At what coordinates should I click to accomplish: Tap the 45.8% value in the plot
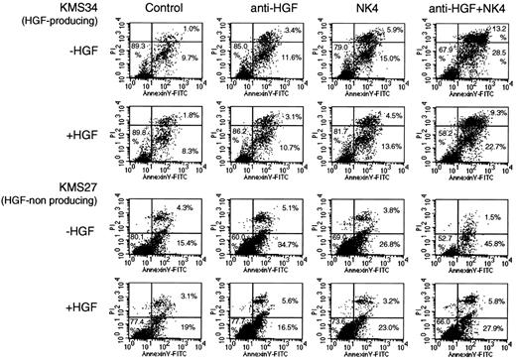click(x=488, y=242)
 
